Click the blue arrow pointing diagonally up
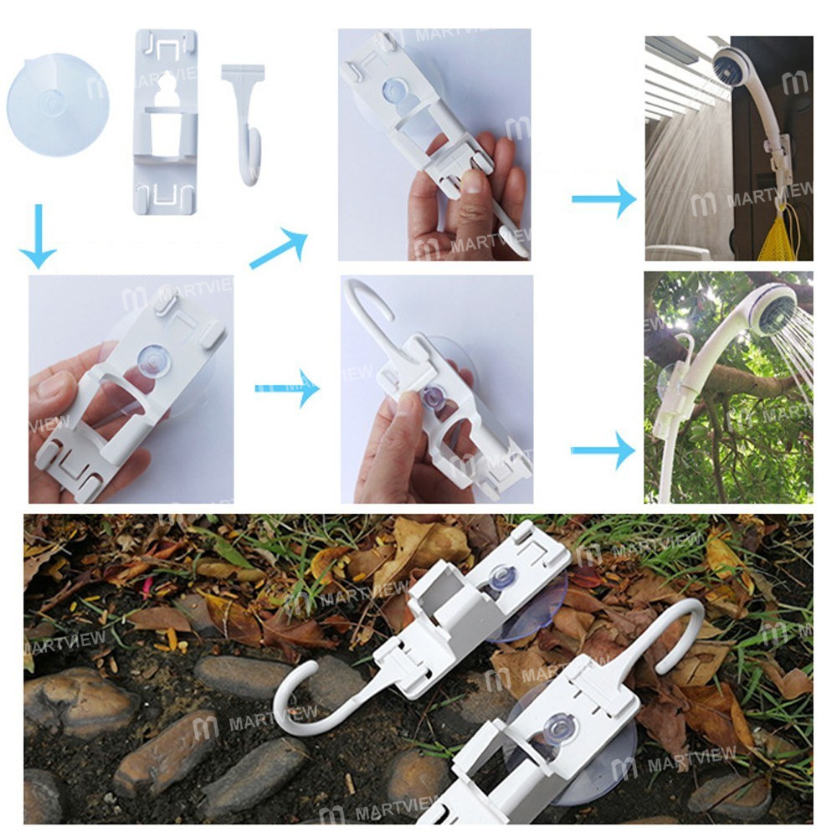pos(279,249)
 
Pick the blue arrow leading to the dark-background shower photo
pos(603,200)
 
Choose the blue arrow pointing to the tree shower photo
pos(603,451)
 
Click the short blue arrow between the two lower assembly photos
pos(287,388)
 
